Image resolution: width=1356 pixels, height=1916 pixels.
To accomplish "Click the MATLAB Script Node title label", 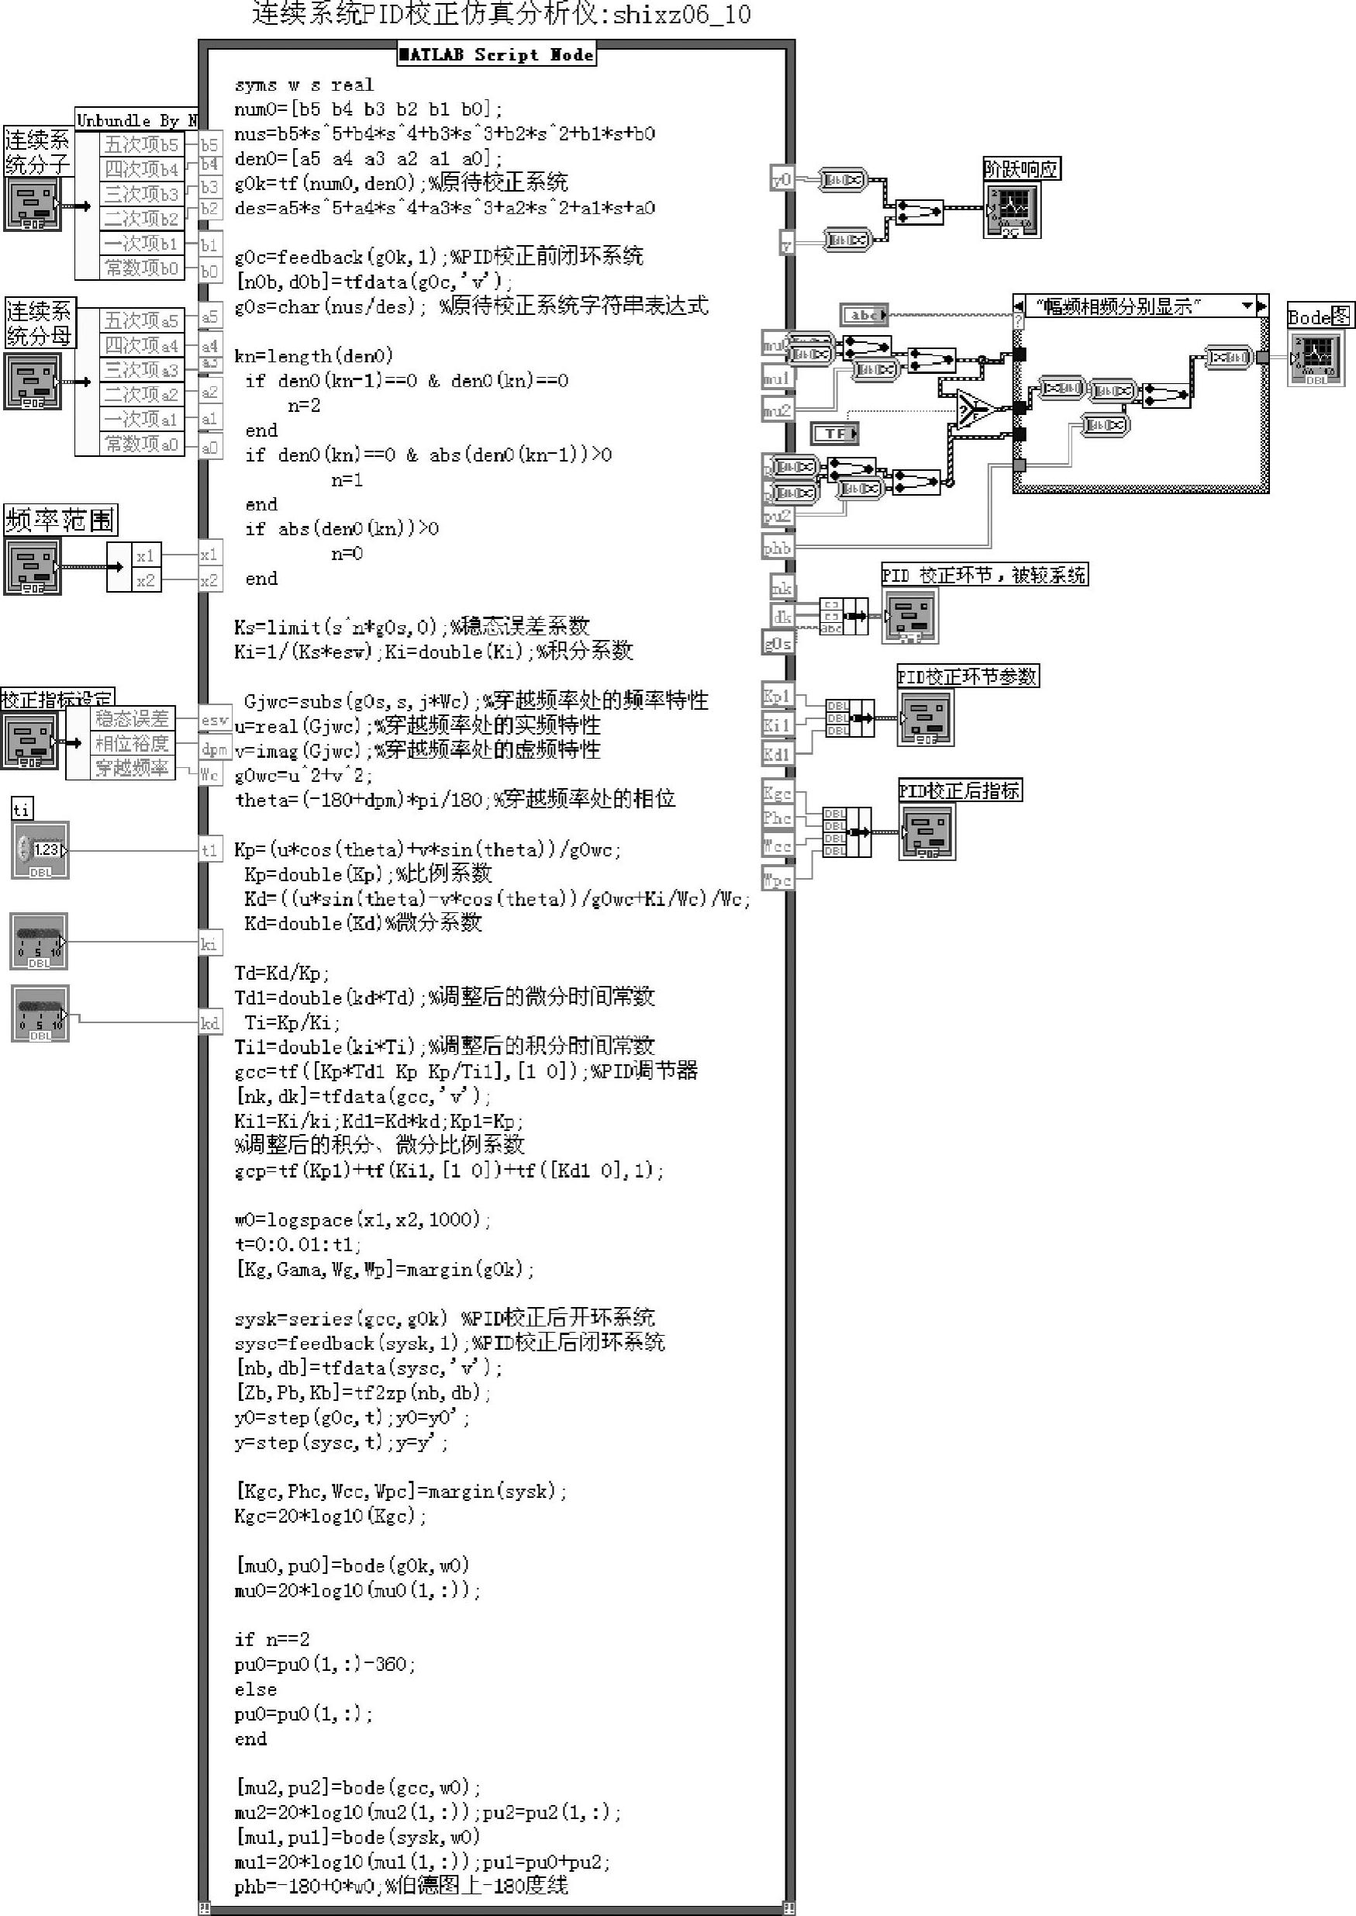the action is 496,55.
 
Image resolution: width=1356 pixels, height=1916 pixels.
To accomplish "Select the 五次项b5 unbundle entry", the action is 140,144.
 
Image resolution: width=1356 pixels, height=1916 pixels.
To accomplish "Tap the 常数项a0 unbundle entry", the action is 140,444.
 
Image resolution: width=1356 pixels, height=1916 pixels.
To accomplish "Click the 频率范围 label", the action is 60,521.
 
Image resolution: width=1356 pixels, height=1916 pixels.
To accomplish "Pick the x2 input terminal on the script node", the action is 209,580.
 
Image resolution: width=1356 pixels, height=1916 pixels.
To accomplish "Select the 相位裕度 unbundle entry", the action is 131,743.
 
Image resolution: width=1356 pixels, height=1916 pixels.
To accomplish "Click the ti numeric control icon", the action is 40,850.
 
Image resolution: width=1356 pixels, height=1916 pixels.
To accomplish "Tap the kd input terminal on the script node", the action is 209,1023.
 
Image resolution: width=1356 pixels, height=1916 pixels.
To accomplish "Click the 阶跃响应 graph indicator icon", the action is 1012,209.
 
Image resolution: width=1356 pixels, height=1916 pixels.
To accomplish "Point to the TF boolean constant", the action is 835,433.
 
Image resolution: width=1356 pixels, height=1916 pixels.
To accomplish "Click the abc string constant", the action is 864,315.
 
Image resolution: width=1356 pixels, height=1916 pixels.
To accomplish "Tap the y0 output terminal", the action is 782,178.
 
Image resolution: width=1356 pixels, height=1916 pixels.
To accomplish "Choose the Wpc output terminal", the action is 777,880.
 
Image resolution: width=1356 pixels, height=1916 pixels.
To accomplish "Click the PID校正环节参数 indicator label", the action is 967,676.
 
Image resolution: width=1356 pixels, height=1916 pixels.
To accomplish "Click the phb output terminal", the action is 778,548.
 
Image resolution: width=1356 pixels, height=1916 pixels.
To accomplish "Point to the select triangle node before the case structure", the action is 972,410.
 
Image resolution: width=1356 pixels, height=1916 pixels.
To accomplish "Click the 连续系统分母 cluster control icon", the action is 33,382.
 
